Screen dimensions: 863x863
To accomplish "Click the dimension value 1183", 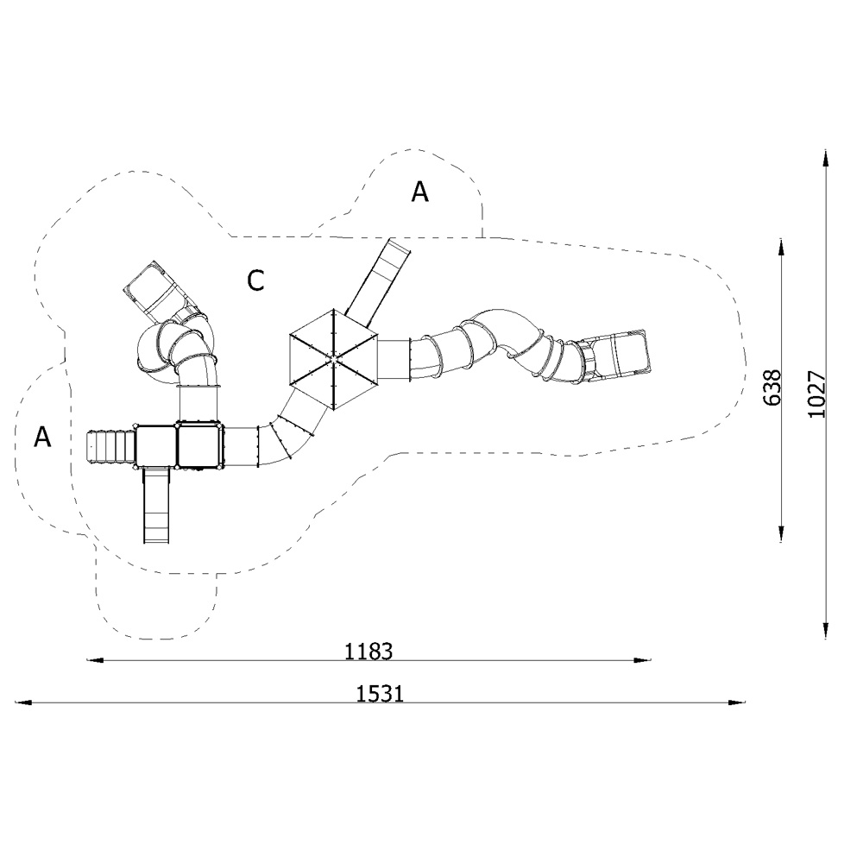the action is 369,652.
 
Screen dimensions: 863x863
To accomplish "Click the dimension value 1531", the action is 380,694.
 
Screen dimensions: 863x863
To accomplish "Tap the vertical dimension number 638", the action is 772,388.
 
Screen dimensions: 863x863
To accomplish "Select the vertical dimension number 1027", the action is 816,394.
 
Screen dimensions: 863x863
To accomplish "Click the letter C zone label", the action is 255,280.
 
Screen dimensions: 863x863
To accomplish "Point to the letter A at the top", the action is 420,192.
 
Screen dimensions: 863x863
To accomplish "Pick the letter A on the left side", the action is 42,437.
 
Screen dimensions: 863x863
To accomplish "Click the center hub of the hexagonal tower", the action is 333,359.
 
